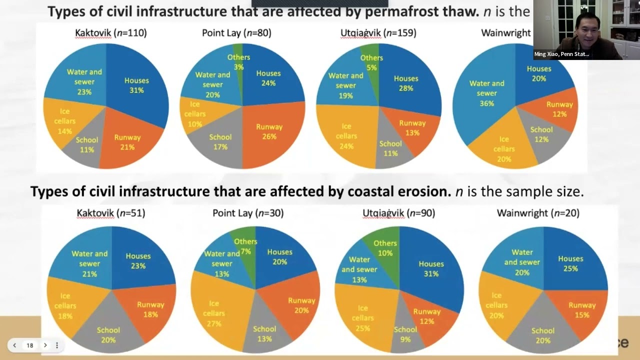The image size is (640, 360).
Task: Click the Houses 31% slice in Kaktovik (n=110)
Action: [136, 85]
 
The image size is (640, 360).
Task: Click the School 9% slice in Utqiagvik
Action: [405, 334]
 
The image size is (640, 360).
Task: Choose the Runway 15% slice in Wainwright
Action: [582, 309]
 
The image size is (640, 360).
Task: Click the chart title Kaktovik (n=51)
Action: [111, 213]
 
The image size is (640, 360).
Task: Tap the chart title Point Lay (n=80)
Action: [236, 33]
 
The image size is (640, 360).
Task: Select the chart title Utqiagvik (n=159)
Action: [378, 33]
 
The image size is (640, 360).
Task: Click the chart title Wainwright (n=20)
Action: [538, 213]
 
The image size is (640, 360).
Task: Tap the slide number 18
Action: [30, 345]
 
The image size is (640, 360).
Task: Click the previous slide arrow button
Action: [14, 345]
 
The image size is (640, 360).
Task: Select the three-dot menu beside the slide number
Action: [57, 345]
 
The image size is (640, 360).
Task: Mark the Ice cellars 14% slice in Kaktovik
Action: [65, 121]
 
